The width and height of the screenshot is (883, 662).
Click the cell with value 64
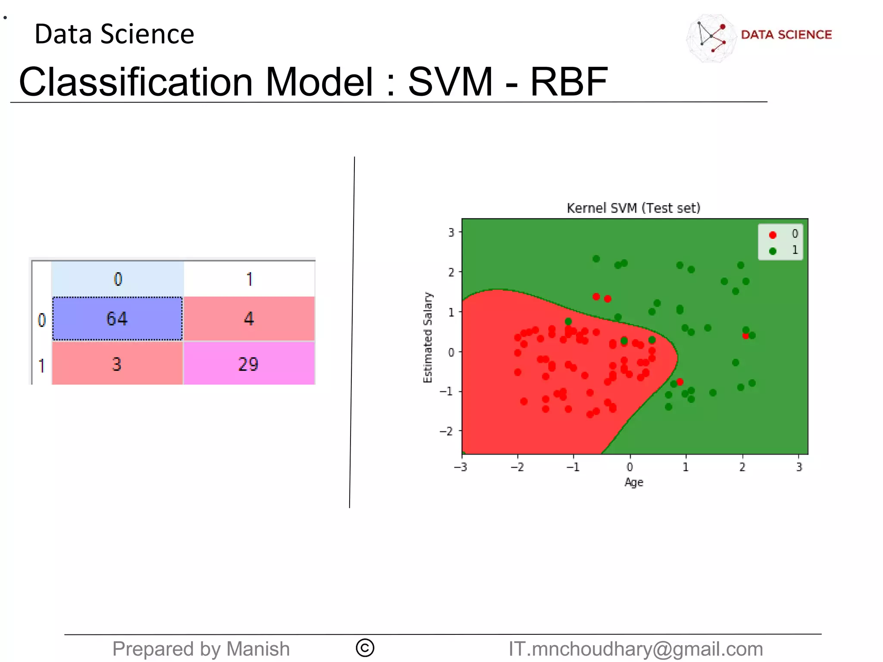tap(117, 319)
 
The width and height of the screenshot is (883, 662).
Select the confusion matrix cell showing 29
tap(249, 364)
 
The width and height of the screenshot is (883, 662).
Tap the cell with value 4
tap(249, 319)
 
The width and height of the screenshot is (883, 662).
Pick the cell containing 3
tap(117, 364)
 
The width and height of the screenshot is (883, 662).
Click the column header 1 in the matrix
tap(249, 279)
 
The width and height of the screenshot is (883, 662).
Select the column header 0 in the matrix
tap(118, 279)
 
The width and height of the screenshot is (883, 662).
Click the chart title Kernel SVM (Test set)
tap(633, 208)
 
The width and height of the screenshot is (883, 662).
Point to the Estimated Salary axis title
tap(427, 337)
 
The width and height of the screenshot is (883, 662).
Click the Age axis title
tap(633, 482)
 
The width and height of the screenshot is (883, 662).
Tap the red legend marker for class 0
tap(773, 235)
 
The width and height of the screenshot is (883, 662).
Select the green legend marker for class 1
tap(773, 251)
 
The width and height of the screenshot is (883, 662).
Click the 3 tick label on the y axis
tap(451, 232)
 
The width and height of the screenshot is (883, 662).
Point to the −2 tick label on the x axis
tap(517, 467)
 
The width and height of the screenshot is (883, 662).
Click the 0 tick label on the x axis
tap(629, 467)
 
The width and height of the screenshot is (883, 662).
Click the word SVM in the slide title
tap(450, 82)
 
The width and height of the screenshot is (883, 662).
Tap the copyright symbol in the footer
tap(365, 648)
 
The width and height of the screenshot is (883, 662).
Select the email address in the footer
tap(636, 649)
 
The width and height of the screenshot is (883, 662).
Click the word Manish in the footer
tap(258, 649)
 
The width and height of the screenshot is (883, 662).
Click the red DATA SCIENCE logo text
tap(786, 35)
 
